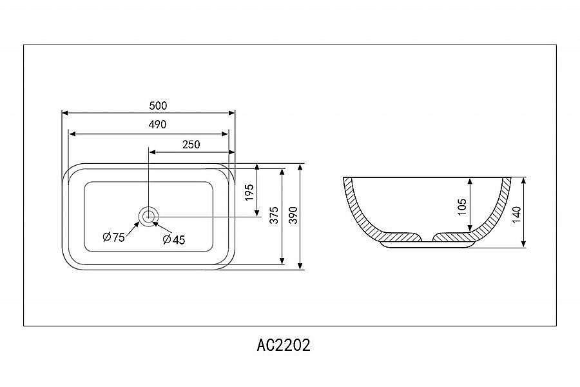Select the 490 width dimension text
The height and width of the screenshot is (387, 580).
point(158,125)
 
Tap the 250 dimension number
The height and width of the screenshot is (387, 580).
point(191,144)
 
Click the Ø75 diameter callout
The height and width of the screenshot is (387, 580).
point(114,237)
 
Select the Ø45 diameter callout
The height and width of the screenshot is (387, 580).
point(174,240)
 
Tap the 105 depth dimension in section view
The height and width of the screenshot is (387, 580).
point(462,206)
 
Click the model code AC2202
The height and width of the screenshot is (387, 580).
point(284,345)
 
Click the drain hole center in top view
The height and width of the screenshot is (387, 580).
point(149,216)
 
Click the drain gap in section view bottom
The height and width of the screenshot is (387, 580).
point(427,237)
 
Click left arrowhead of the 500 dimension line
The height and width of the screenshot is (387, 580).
point(64,113)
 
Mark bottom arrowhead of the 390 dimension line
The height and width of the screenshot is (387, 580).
point(301,266)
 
